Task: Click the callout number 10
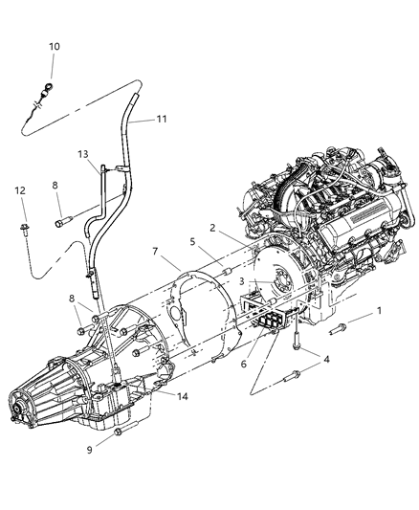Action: [54, 46]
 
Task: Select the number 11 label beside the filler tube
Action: [162, 120]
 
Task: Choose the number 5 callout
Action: [195, 243]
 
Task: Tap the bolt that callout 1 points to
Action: [340, 331]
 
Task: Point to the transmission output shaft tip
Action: [41, 415]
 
